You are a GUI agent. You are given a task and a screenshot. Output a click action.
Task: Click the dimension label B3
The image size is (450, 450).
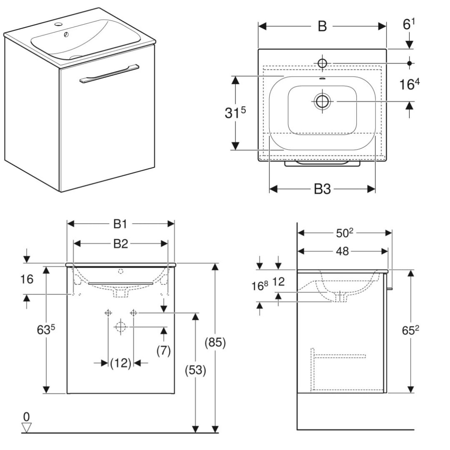click(322, 190)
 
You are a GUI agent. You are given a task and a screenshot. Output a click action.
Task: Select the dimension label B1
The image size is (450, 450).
click(120, 224)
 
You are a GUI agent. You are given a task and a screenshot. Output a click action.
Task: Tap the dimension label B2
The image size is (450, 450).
click(120, 244)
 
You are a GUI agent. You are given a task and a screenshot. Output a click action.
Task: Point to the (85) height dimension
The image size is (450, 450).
click(215, 342)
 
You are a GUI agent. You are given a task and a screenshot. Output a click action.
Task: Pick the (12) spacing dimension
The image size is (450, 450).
click(121, 363)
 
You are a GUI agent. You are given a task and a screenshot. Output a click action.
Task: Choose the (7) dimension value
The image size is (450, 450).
click(164, 351)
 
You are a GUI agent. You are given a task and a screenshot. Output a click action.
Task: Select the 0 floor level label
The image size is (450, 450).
click(27, 416)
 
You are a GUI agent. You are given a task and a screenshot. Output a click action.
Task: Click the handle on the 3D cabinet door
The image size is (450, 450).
click(108, 74)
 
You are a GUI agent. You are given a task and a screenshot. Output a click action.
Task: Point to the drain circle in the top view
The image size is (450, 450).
click(322, 101)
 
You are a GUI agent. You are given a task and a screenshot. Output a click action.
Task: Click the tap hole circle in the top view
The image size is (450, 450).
click(322, 63)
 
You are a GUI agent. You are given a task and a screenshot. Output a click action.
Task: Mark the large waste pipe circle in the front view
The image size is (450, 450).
click(120, 327)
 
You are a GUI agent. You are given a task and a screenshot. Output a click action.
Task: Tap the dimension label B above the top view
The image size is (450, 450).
click(322, 26)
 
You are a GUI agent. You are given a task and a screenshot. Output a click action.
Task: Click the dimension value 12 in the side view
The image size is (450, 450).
click(279, 282)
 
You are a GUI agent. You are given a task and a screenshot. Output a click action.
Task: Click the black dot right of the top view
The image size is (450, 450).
click(410, 63)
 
